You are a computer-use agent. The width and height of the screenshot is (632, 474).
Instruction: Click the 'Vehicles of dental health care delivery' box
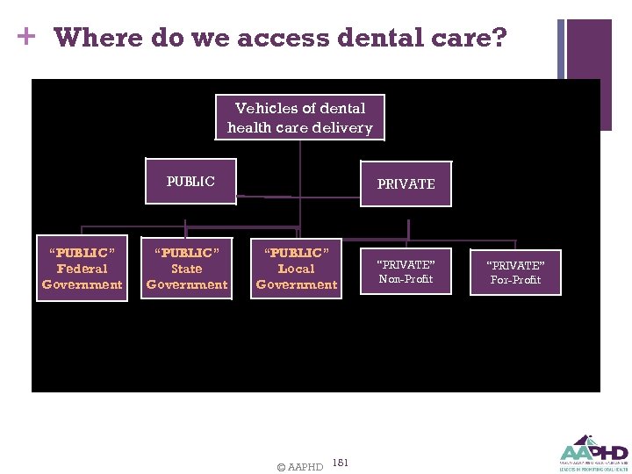point(300,118)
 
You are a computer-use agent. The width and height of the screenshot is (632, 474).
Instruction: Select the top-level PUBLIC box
point(190,182)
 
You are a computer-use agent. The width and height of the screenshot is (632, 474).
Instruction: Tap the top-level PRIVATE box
point(406,183)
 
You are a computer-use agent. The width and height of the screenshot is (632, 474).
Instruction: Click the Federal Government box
point(82,269)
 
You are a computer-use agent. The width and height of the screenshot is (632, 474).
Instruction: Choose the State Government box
point(187,269)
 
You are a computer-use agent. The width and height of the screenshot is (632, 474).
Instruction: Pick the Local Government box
point(296,269)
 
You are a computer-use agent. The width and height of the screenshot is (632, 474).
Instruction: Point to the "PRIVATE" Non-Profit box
point(406,272)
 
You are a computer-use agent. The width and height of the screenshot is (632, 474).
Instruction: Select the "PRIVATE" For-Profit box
point(515,272)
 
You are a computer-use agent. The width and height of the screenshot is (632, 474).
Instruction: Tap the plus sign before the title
point(26,37)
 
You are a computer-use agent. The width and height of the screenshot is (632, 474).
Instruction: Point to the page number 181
point(341,463)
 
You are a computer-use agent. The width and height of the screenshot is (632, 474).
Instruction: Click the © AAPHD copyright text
point(299,467)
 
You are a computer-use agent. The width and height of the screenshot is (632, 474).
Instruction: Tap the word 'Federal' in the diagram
point(82,269)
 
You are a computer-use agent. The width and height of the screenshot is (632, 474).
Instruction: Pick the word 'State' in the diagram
point(187,269)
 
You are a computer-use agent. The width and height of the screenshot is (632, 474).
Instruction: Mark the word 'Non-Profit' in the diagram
point(406,279)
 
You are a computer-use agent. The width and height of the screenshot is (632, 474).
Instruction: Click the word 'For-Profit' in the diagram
point(515,280)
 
